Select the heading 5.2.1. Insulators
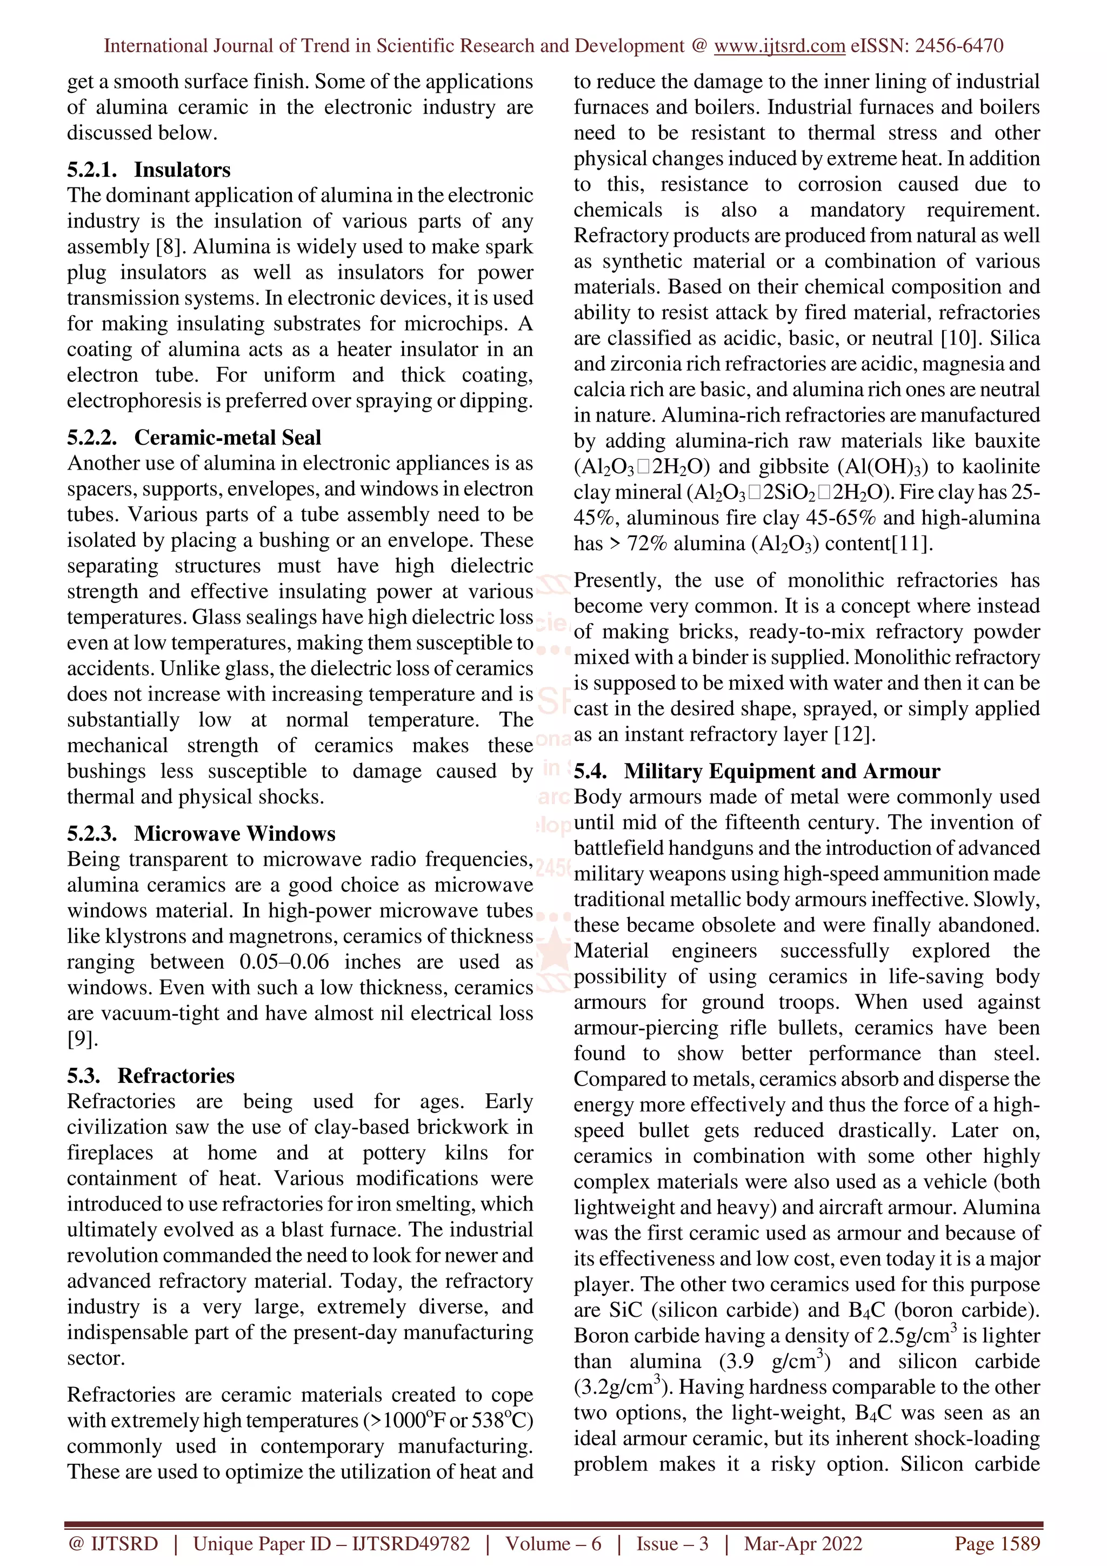pos(149,169)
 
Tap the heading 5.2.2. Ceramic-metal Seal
pos(194,437)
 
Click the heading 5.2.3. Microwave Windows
pos(201,833)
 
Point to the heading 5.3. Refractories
pos(151,1075)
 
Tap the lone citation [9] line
pos(83,1039)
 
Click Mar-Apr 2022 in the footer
pos(803,1543)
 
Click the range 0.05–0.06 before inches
pos(284,962)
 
